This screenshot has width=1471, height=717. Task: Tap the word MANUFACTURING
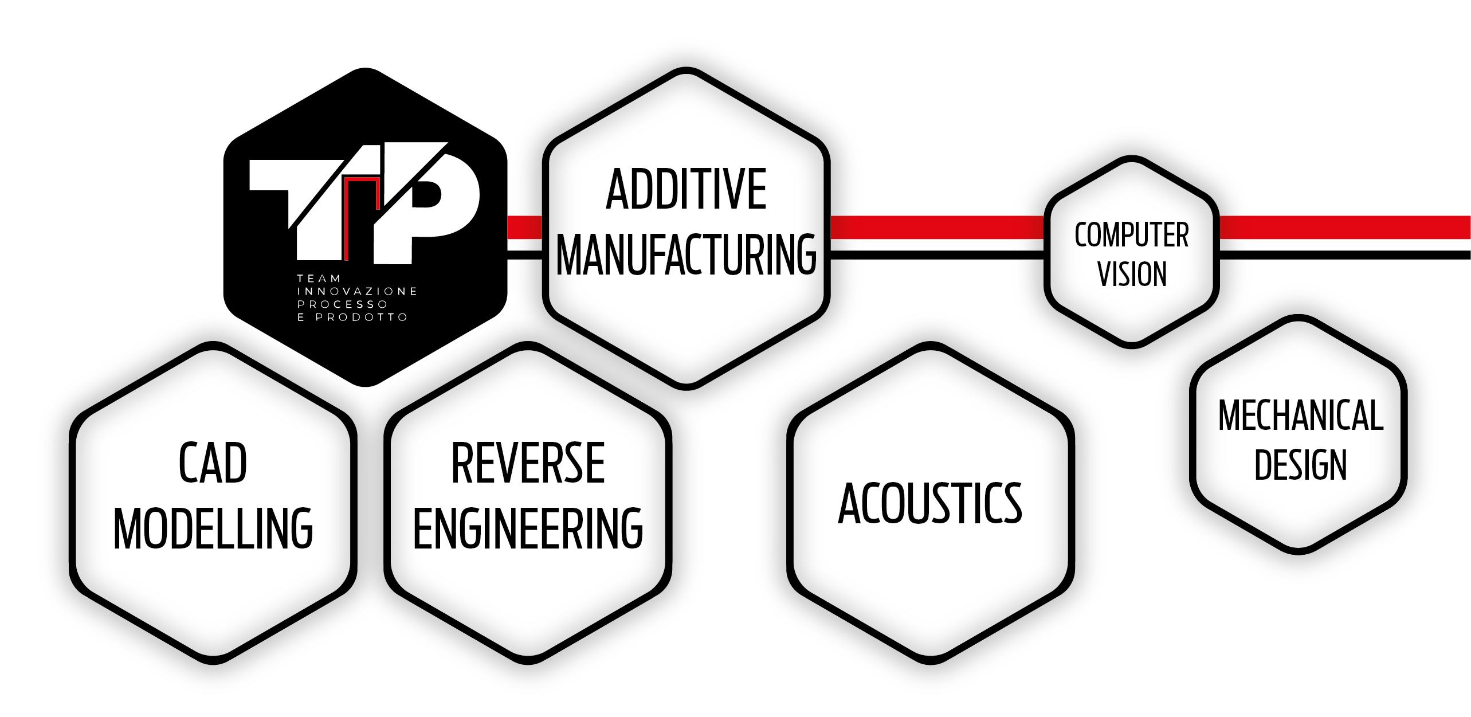pos(686,254)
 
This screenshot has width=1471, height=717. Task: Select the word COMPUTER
pos(1132,234)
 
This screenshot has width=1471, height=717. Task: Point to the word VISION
pos(1132,273)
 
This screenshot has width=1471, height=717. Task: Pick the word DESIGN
pos(1300,464)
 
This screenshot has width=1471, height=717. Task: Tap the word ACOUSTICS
pos(930,503)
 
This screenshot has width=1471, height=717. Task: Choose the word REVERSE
pos(528,463)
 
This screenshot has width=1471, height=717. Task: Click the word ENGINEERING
pos(528,528)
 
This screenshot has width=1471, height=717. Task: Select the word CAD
pos(213,463)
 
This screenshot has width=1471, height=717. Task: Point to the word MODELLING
pos(213,528)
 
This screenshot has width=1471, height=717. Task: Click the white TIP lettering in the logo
pos(365,203)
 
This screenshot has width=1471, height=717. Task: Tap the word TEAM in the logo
pos(319,279)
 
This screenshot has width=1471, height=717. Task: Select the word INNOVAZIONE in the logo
pos(357,291)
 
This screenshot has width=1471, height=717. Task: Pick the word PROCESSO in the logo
pos(342,304)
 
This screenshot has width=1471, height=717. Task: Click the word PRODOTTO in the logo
pos(362,317)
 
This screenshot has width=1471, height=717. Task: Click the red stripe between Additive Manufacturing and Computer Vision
pos(937,227)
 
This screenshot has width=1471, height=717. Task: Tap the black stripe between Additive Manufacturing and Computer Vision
pos(937,255)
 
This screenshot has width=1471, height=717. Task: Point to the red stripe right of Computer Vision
pos(1344,227)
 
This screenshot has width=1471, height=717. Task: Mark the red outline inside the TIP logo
pos(362,179)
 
